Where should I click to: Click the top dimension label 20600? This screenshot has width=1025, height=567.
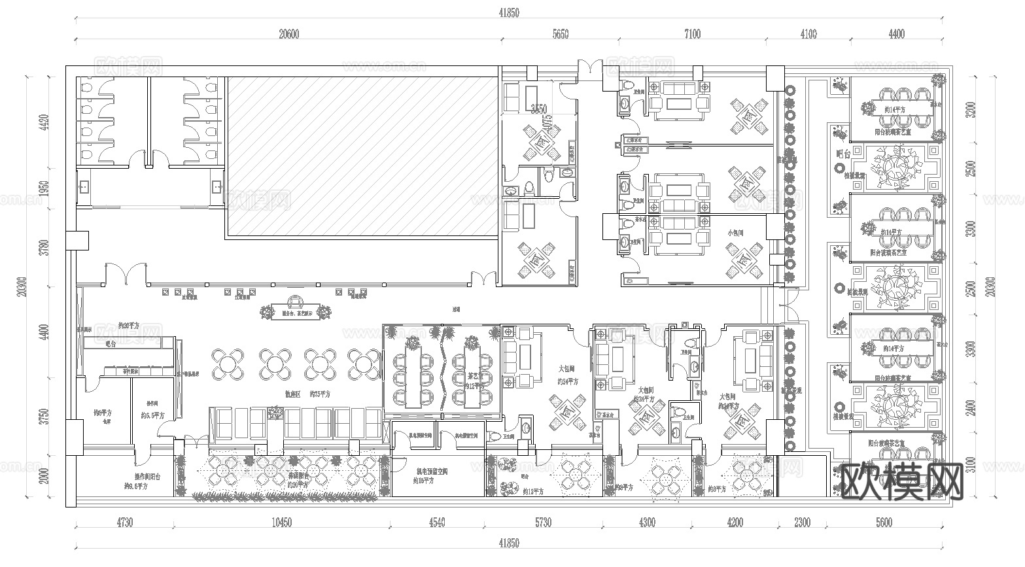288,35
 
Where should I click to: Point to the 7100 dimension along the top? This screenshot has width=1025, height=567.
691,35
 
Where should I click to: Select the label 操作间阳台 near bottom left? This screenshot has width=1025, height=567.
142,477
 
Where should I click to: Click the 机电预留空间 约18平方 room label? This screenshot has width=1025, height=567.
432,475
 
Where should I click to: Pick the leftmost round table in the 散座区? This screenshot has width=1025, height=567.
227,364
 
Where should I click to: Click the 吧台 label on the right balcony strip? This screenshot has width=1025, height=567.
843,154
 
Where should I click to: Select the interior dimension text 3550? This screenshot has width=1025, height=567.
539,109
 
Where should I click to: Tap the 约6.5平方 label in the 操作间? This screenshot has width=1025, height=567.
152,415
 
